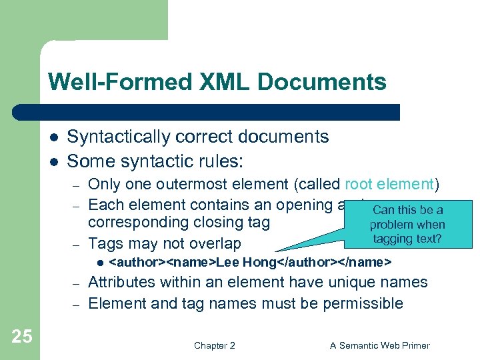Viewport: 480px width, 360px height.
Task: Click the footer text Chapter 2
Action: [x=214, y=345]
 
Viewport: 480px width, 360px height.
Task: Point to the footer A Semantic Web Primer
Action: [x=380, y=345]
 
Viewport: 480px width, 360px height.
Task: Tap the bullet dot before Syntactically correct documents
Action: [x=52, y=137]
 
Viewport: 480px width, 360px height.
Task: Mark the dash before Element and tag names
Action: [x=77, y=304]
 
